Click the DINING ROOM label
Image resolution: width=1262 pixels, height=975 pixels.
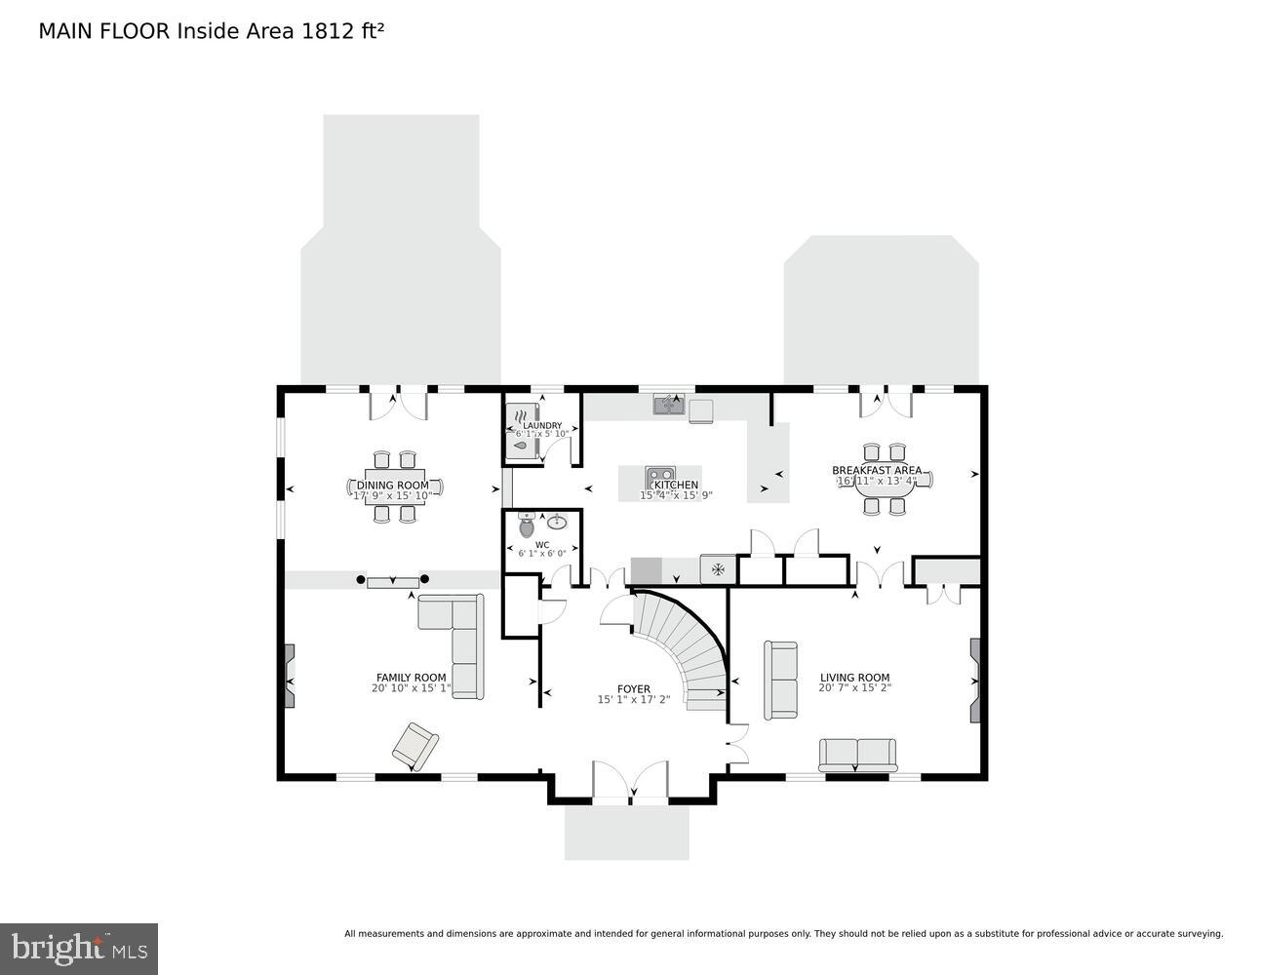[392, 485]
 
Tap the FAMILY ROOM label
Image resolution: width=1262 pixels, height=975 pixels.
[411, 678]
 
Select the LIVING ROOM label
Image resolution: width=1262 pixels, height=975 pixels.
[854, 678]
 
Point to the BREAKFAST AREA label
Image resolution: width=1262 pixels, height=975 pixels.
[876, 470]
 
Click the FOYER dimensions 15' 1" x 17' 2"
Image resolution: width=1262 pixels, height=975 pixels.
[633, 699]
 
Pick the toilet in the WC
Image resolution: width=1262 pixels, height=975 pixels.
[527, 526]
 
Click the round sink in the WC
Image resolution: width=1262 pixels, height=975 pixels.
[560, 522]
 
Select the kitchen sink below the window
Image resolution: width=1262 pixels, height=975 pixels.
[668, 403]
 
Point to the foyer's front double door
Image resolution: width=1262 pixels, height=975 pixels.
[631, 783]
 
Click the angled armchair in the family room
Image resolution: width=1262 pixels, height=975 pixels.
[415, 747]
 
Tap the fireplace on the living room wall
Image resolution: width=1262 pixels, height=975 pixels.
[974, 680]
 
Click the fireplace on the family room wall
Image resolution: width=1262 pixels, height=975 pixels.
[289, 676]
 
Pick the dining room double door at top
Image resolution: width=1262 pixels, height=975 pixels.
[399, 404]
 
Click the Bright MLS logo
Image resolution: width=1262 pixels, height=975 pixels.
[79, 948]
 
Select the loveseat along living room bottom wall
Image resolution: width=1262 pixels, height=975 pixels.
[857, 755]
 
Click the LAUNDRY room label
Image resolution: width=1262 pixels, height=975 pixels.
[542, 426]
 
